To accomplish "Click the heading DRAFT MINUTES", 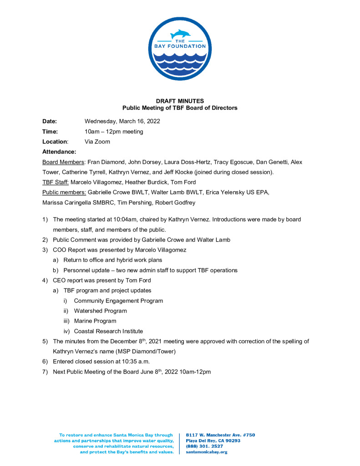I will point(180,101).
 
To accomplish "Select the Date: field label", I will point(50,122).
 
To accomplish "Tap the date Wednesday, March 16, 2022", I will point(122,122).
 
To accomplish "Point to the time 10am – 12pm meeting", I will point(114,132).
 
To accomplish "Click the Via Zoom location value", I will point(97,142).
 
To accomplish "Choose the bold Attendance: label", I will point(59,152).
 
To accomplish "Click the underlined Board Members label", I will point(62,162).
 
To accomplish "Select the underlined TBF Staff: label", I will point(56,182).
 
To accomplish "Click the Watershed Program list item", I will point(100,311).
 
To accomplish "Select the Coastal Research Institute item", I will point(108,331).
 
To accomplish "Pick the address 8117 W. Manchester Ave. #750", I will point(220,435).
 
